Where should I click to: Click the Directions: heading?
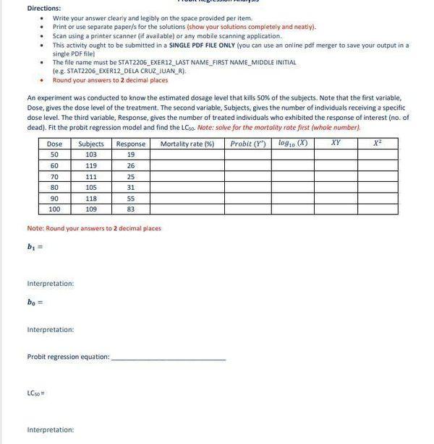point(43,8)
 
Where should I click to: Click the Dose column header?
point(54,144)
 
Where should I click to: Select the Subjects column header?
point(91,144)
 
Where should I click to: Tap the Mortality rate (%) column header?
point(187,144)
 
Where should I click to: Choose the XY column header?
point(336,144)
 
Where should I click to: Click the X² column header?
point(378,144)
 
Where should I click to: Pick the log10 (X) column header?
point(292,144)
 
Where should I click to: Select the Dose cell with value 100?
point(54,209)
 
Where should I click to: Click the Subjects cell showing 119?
point(91,166)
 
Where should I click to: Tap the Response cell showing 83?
point(131,209)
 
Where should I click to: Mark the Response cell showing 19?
point(131,154)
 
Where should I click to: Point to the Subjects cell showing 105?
point(91,188)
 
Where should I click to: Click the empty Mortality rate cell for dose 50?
point(187,154)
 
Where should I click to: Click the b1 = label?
point(35,247)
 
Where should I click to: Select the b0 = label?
point(35,302)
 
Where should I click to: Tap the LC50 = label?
point(36,393)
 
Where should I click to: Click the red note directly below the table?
point(94,228)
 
